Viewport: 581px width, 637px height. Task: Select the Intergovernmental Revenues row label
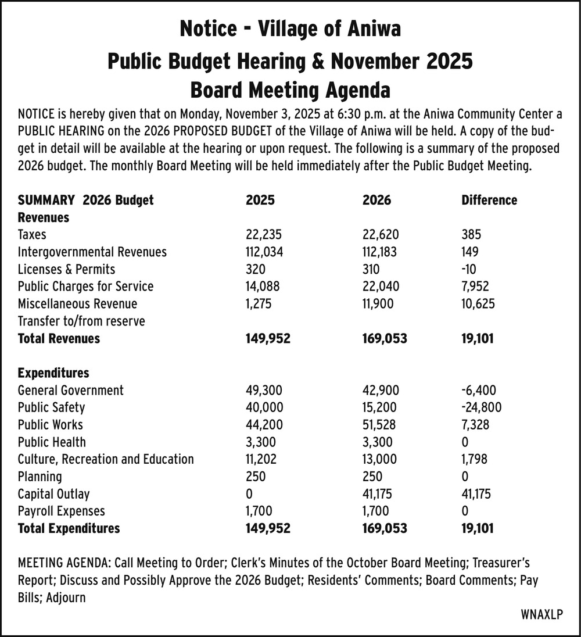pyautogui.click(x=92, y=252)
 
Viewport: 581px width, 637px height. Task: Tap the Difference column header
pyautogui.click(x=489, y=201)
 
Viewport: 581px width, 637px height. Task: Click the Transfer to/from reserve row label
pyautogui.click(x=81, y=321)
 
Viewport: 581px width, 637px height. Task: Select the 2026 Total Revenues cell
pyautogui.click(x=384, y=338)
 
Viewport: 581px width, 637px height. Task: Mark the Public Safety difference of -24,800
pyautogui.click(x=481, y=408)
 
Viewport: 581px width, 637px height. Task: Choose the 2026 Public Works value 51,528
pyautogui.click(x=381, y=425)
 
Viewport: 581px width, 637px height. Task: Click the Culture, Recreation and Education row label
pyautogui.click(x=106, y=459)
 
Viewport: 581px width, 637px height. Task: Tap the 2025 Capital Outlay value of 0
pyautogui.click(x=250, y=494)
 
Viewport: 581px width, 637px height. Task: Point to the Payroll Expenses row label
pyautogui.click(x=62, y=511)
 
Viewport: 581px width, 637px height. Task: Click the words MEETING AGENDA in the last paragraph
pyautogui.click(x=64, y=563)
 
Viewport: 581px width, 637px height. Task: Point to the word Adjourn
pyautogui.click(x=66, y=597)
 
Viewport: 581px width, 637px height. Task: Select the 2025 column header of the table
pyautogui.click(x=260, y=201)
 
